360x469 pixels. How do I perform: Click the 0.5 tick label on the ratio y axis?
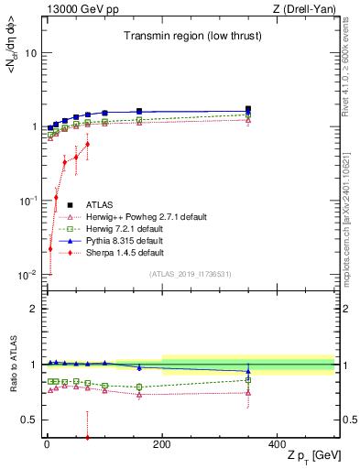pos(30,420)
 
